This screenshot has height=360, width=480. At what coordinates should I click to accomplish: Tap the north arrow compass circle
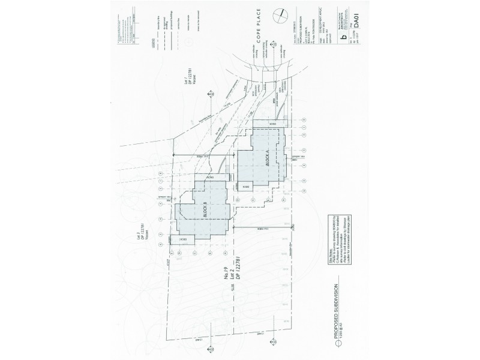coord(278,16)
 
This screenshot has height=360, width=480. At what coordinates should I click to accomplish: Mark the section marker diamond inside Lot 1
coord(212,94)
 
